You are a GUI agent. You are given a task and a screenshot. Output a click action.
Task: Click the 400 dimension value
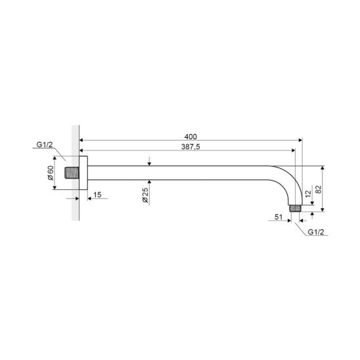click(191, 137)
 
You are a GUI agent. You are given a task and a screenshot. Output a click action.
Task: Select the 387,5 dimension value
click(191, 146)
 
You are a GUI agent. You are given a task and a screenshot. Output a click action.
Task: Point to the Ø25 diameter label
click(145, 195)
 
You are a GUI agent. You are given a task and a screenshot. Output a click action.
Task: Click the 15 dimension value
click(97, 194)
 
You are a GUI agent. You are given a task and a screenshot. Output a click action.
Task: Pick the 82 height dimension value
click(319, 189)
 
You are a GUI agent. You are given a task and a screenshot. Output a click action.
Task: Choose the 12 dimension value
click(308, 194)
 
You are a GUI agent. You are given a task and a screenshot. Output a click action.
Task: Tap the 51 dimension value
click(279, 217)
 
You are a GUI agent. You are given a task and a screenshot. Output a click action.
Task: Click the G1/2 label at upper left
click(45, 145)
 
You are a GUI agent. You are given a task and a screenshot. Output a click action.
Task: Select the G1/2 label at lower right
click(316, 232)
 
